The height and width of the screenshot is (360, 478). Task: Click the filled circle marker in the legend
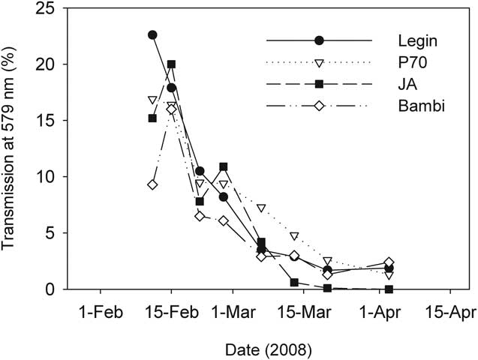(x=319, y=40)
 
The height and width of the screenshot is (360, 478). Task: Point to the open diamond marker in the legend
(x=319, y=106)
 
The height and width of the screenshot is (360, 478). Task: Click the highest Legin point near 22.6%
(x=152, y=34)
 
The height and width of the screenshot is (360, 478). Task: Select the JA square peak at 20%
(x=171, y=64)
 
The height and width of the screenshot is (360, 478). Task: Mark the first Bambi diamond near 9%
(x=152, y=184)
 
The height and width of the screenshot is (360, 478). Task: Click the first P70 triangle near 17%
(x=152, y=100)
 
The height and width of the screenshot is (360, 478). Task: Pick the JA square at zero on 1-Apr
(x=388, y=289)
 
